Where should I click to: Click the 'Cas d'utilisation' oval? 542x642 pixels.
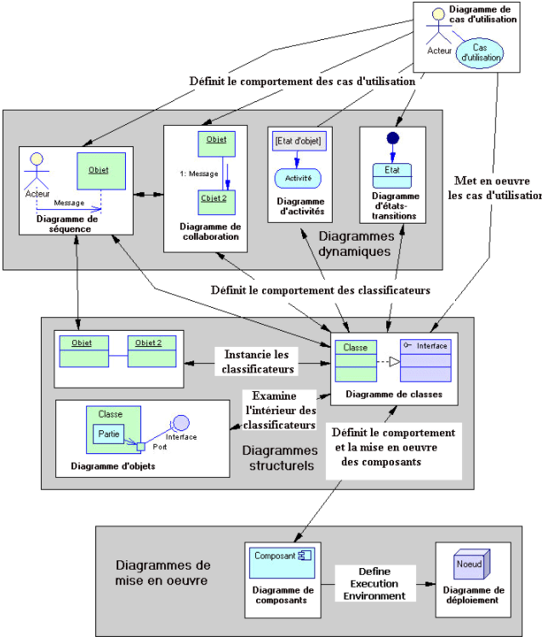[481, 53]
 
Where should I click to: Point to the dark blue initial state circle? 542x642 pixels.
[392, 139]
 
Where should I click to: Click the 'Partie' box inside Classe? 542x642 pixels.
[108, 434]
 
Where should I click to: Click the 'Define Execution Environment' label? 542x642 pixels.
[374, 584]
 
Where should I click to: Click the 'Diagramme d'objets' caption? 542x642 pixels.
[109, 464]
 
